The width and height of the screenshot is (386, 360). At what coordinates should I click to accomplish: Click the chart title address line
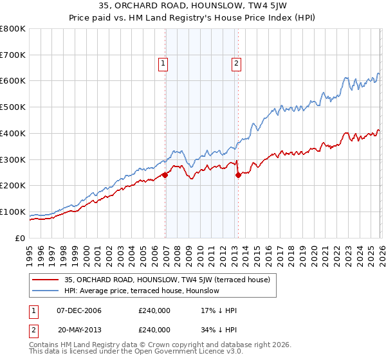pos(193,6)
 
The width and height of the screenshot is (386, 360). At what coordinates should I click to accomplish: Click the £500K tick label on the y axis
pos(13,107)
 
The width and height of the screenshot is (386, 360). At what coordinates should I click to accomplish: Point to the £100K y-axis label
pos(13,212)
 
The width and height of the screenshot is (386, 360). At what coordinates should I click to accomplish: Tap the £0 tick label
pos(21,239)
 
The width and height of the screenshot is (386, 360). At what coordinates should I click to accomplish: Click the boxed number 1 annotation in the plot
pos(163,63)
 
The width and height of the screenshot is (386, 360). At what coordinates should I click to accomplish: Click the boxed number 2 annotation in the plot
pos(236,63)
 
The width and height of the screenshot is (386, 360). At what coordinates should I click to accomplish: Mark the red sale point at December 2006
pos(165,174)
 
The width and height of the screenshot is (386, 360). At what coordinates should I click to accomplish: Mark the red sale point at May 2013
pos(237,174)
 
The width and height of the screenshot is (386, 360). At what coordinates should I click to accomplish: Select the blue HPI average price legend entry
pos(142,291)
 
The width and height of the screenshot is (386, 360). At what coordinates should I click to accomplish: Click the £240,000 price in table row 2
pos(154,329)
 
